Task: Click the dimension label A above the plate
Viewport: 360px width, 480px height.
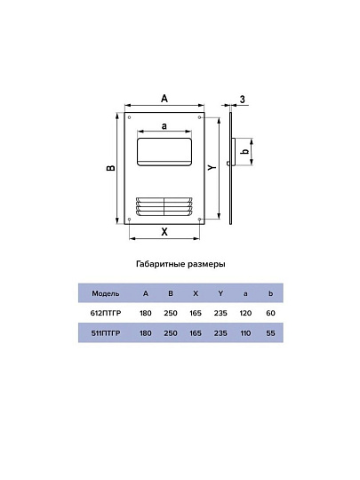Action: point(164,99)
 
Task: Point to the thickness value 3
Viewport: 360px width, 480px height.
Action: point(243,100)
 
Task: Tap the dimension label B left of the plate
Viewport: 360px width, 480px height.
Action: point(111,168)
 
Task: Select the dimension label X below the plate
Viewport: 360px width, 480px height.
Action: point(164,232)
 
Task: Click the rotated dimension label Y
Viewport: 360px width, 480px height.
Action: point(212,167)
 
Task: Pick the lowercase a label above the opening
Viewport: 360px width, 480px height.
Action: point(164,126)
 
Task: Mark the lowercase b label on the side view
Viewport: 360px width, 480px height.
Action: point(245,151)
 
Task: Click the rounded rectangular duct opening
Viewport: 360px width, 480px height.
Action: point(164,152)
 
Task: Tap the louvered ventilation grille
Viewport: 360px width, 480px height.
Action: point(164,207)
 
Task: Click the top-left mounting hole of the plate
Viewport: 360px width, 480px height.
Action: point(129,117)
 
